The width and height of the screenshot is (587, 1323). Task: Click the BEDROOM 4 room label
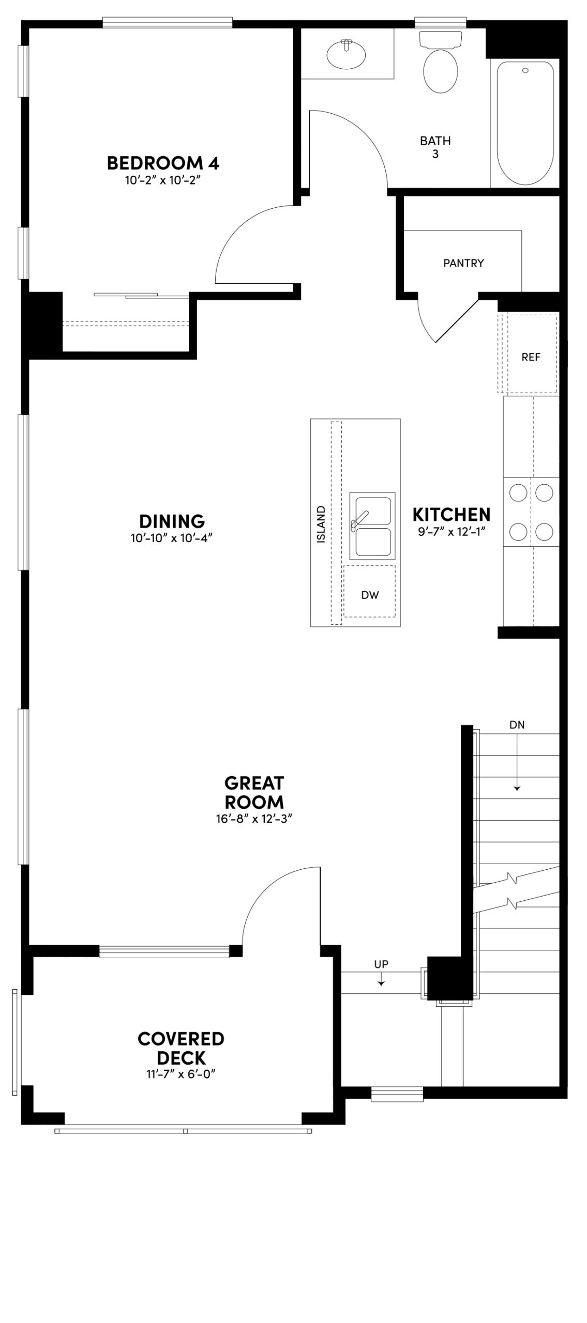click(163, 163)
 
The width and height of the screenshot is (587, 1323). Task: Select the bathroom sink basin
click(347, 54)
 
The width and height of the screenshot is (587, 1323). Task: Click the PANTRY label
click(463, 263)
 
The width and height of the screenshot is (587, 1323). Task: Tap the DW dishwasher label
click(370, 595)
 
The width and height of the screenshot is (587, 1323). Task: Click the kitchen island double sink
click(372, 526)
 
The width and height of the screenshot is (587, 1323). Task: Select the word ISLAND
click(322, 524)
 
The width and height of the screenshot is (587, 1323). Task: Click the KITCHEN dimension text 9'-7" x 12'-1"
click(451, 531)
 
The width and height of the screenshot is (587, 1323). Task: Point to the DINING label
click(172, 521)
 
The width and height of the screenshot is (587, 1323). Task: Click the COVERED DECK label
click(180, 1048)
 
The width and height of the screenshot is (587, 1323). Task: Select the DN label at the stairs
click(517, 725)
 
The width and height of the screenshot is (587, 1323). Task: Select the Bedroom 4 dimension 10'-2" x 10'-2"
click(163, 180)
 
